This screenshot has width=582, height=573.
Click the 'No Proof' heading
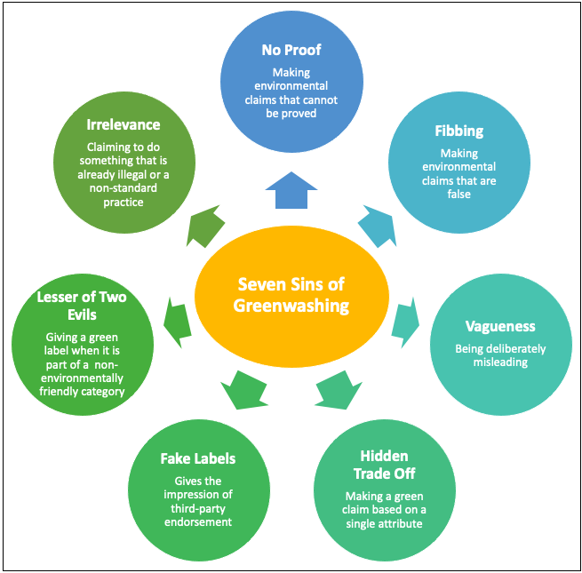pos(291,51)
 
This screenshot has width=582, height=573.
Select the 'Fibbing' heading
pos(459,131)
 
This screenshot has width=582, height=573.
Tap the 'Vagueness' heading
pos(500,327)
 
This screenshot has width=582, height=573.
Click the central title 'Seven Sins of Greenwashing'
pos(291,295)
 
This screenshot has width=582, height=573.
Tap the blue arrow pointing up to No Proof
pos(291,189)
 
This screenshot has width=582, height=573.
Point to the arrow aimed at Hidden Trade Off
pos(337,389)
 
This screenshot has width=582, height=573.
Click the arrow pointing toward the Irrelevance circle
pos(205,226)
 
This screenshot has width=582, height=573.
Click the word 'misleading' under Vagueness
pos(500,362)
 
